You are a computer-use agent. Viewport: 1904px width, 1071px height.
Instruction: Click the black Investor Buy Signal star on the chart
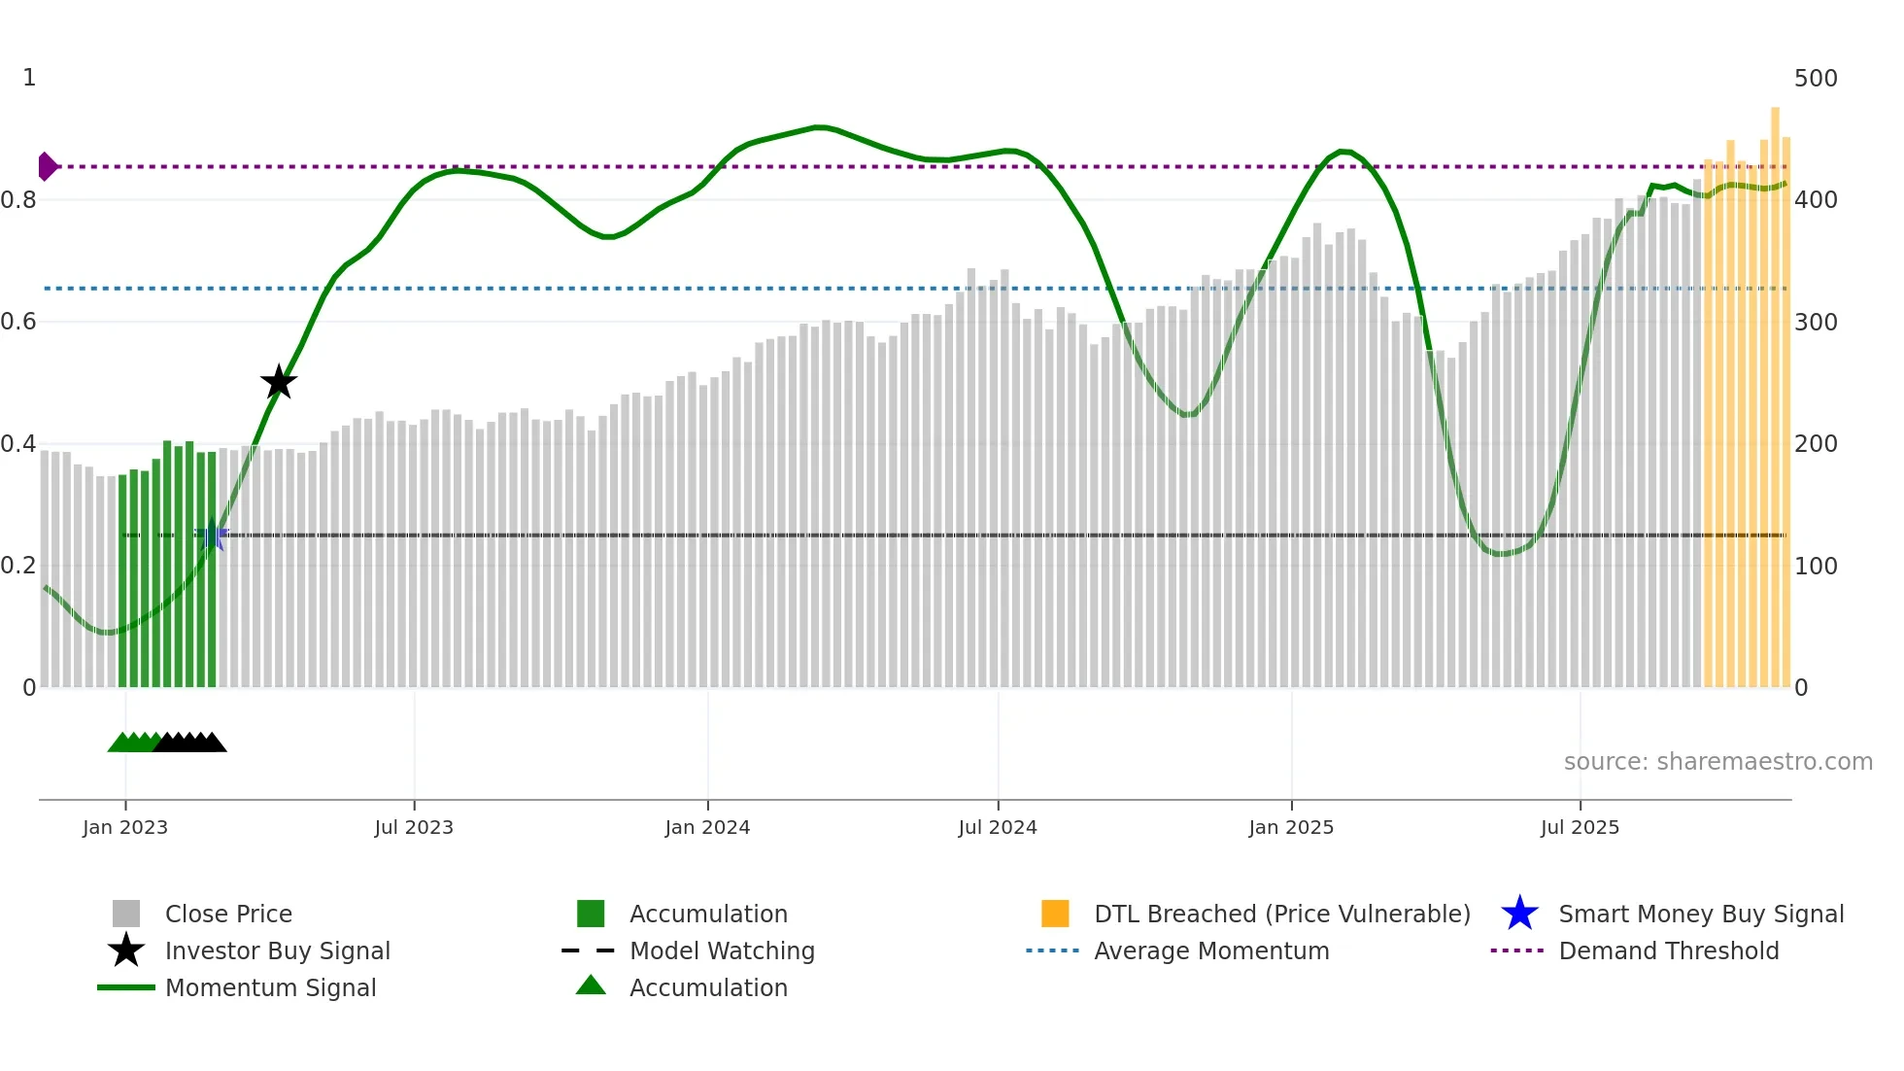[279, 382]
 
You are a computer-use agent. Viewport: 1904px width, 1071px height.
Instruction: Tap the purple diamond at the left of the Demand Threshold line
[47, 167]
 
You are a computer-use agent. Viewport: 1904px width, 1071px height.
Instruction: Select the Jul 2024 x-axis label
[998, 827]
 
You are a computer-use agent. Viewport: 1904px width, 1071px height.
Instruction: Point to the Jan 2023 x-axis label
[125, 827]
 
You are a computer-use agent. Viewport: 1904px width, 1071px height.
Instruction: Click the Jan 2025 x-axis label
[1291, 827]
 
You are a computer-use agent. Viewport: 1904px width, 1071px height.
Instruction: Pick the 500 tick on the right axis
[1816, 78]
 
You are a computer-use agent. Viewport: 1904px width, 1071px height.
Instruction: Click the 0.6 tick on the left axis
[19, 322]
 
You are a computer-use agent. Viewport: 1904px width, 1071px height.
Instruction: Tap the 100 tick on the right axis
[1816, 566]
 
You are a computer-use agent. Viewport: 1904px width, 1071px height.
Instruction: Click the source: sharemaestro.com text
[1717, 762]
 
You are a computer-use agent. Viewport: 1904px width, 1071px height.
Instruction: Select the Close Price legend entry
[228, 914]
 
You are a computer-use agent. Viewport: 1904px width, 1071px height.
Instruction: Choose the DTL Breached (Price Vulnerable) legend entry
[1281, 914]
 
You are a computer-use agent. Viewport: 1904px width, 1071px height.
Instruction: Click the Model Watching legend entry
[722, 950]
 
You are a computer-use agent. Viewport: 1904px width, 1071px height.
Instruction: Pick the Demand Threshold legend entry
[1668, 950]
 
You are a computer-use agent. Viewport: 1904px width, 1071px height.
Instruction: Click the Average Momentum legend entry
[1211, 950]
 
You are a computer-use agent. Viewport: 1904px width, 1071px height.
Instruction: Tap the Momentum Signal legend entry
[270, 987]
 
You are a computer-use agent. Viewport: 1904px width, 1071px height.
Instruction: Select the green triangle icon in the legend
[591, 985]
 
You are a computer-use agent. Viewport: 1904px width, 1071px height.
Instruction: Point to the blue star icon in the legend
[1519, 914]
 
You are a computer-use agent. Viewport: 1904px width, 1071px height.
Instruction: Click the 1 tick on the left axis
[29, 78]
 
